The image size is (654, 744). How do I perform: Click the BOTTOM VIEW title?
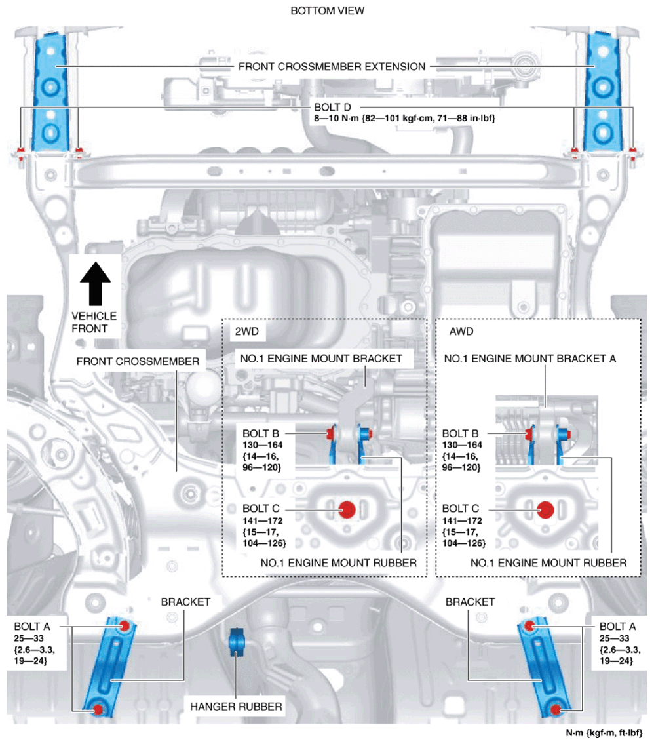click(x=327, y=10)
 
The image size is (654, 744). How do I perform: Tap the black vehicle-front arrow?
click(x=95, y=283)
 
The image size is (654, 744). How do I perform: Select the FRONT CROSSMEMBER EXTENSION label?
click(x=332, y=66)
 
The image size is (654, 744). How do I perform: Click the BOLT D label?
click(x=332, y=108)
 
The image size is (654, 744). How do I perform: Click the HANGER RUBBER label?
click(x=236, y=707)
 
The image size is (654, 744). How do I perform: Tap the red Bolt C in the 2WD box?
click(x=347, y=509)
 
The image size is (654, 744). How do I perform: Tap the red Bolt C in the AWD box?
click(x=546, y=509)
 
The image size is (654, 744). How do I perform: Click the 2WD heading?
click(x=246, y=331)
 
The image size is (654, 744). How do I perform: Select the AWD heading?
click(x=461, y=331)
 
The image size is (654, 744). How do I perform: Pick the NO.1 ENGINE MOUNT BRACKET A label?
click(x=529, y=359)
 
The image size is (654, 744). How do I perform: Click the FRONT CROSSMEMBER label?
click(x=138, y=362)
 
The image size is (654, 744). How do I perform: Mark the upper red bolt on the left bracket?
click(x=125, y=626)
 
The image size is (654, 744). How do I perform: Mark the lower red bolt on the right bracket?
click(x=555, y=710)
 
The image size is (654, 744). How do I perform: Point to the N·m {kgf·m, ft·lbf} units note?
click(x=604, y=733)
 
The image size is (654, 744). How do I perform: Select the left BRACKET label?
click(x=185, y=602)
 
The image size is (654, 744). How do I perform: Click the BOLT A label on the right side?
click(x=617, y=627)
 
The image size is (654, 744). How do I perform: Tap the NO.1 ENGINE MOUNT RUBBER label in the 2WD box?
click(x=339, y=563)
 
